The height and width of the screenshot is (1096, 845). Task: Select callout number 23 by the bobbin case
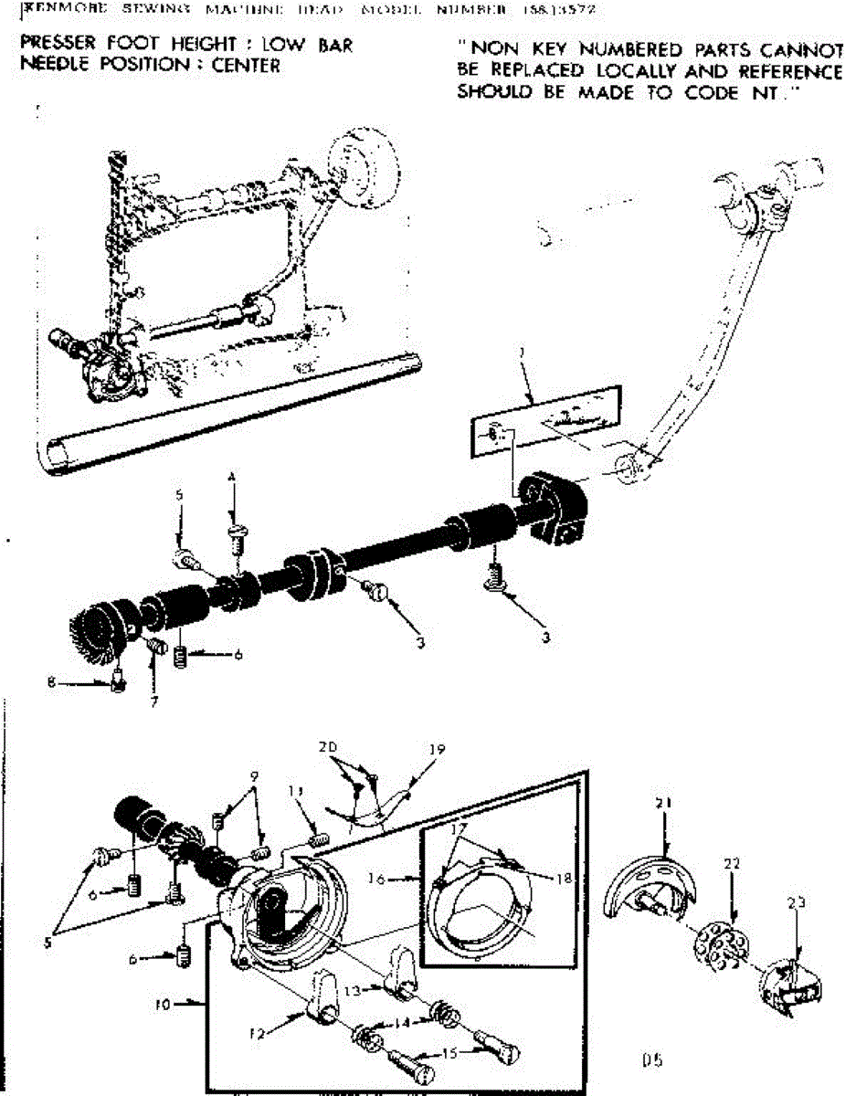click(x=797, y=902)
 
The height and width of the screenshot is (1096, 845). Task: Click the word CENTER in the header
click(x=243, y=66)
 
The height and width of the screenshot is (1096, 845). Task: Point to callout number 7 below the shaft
click(x=154, y=702)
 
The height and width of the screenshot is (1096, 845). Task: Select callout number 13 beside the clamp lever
click(x=361, y=990)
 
